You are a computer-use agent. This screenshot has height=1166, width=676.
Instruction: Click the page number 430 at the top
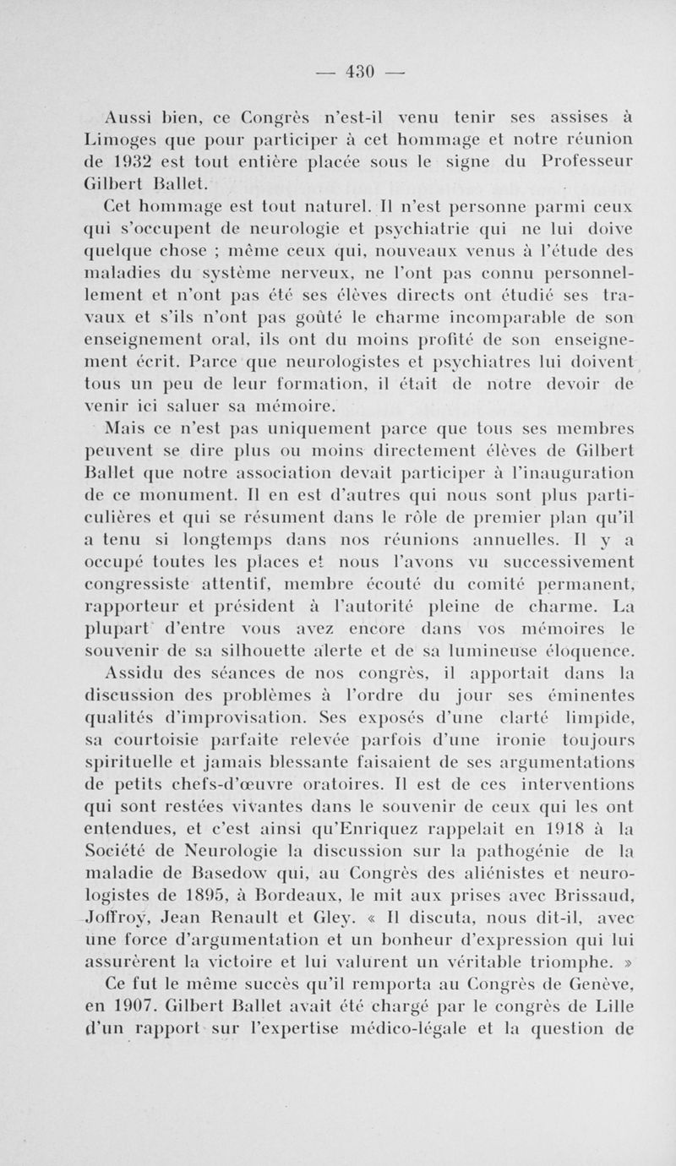point(361,70)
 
